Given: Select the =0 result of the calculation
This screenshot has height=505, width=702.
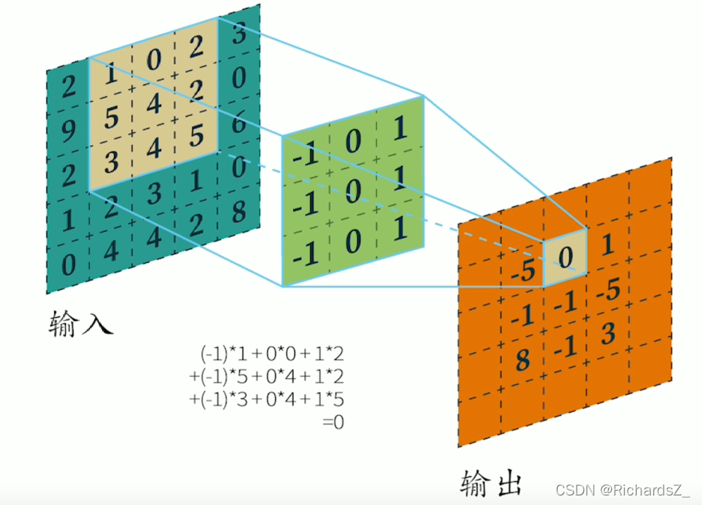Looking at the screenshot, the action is click(x=333, y=422).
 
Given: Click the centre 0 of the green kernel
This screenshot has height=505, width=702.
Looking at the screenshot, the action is click(x=353, y=190).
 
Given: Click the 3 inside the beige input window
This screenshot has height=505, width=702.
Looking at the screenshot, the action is click(x=111, y=161).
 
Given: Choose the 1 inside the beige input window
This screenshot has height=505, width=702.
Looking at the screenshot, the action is click(x=111, y=76).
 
